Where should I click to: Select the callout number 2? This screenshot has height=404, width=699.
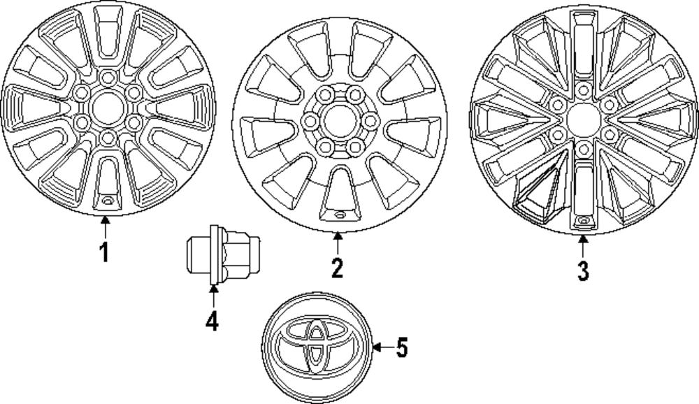pyautogui.click(x=337, y=267)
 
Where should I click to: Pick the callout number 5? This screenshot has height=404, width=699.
pyautogui.click(x=402, y=347)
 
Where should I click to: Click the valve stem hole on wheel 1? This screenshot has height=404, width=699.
pyautogui.click(x=107, y=201)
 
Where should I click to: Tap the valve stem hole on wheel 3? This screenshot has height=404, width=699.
pyautogui.click(x=583, y=222)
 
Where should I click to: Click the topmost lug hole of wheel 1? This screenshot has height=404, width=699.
pyautogui.click(x=107, y=77)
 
